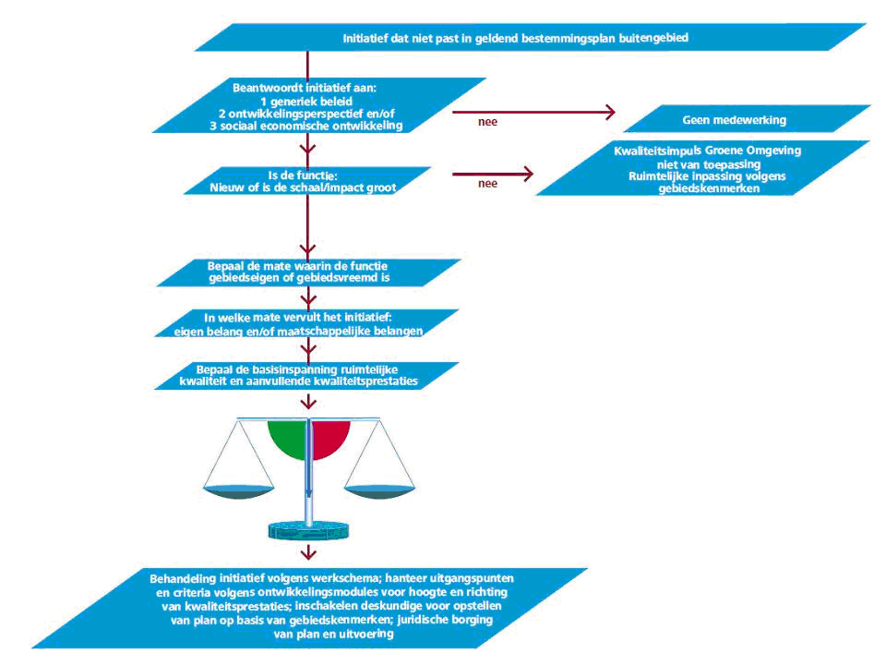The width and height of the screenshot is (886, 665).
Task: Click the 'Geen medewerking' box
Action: coord(747,119)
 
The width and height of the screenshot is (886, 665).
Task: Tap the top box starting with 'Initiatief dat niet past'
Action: coord(530,37)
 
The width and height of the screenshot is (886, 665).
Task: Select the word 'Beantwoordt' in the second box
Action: coord(268,88)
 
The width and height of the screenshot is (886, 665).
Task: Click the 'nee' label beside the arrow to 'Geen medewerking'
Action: coord(487,122)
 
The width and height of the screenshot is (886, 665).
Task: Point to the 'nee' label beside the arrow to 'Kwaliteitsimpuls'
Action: coord(487,183)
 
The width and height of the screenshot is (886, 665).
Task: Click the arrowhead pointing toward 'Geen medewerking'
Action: coord(610,112)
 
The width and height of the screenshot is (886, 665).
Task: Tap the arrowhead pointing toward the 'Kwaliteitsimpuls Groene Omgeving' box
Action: coord(528,174)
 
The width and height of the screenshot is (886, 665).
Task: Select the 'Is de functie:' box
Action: coord(307,181)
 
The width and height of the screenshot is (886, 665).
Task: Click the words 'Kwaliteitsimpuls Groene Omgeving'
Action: coord(708,151)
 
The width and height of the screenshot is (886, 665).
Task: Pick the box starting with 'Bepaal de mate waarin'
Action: coord(308,272)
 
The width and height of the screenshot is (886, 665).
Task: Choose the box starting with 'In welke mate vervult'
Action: coord(306,323)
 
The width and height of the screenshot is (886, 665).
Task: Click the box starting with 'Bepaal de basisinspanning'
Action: coord(306,376)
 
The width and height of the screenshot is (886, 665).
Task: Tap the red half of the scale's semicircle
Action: coord(329,437)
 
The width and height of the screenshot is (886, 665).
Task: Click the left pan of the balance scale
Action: coord(238,492)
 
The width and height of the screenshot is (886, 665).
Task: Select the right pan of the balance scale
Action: coord(379,492)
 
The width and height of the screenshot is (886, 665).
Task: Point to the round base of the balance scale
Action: coord(308,530)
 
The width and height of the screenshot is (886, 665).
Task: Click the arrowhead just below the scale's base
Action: coord(308,552)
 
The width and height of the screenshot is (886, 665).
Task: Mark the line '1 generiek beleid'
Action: coord(306,102)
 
